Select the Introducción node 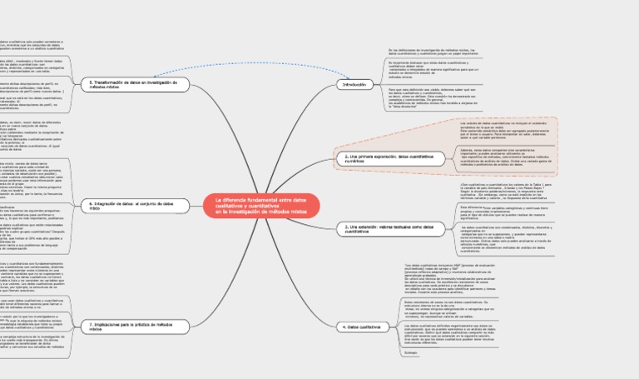pos(354,84)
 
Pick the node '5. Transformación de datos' pos(132,84)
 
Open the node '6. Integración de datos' pos(130,205)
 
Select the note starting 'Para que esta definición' pos(433,98)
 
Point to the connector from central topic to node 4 pos(324,275)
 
